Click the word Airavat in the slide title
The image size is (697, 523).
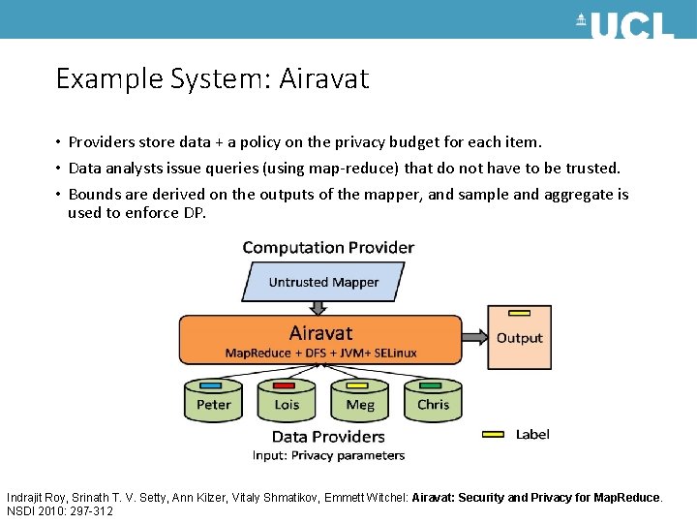tap(323, 78)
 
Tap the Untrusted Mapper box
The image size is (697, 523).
tap(323, 282)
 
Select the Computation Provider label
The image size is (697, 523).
tap(328, 247)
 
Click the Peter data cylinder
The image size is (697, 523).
tap(214, 401)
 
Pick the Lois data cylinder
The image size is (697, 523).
tap(287, 401)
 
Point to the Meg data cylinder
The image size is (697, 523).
tap(359, 401)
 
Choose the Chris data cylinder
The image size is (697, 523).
tap(433, 401)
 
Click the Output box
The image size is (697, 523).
tap(520, 339)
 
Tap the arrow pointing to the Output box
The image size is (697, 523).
tap(473, 337)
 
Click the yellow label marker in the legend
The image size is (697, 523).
tap(493, 435)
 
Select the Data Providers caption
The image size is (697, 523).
tap(328, 437)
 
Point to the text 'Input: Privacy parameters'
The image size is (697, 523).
tap(328, 455)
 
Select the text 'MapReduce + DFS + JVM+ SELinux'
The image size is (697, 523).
tap(321, 353)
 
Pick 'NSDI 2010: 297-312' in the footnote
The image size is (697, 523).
tap(60, 510)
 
